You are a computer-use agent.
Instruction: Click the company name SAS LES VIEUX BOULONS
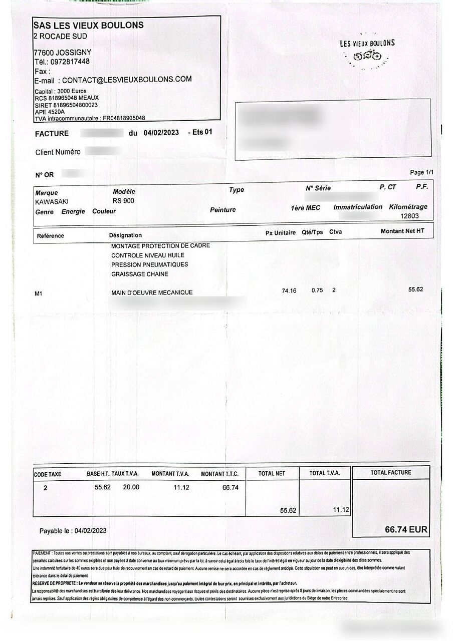click(88, 25)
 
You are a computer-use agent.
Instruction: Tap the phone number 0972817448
click(70, 62)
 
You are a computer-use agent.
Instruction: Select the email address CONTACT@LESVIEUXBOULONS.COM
click(127, 79)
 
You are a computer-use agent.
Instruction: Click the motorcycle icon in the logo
click(368, 56)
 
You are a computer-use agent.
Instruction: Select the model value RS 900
click(123, 201)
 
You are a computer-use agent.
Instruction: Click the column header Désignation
click(125, 235)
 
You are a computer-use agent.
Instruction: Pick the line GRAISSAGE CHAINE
click(140, 274)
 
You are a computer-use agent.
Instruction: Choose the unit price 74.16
click(289, 291)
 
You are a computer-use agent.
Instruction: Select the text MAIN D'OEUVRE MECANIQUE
click(152, 292)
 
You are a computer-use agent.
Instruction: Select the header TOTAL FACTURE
click(390, 473)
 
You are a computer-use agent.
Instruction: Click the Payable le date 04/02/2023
click(90, 530)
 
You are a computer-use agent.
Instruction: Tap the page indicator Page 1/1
click(421, 172)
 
